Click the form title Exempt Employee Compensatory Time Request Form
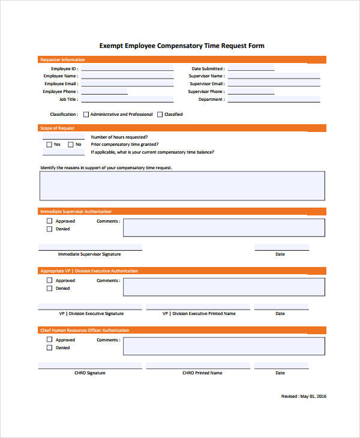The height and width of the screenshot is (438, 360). point(181,46)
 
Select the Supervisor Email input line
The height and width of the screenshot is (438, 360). point(274,85)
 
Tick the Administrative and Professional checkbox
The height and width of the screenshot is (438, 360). point(86,114)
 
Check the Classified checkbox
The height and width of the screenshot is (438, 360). point(160,114)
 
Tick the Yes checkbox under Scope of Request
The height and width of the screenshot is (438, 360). point(49,145)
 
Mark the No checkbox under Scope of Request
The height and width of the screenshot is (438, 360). point(71,145)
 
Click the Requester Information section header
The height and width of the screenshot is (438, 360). point(62,60)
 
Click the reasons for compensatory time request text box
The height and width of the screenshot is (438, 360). point(182,185)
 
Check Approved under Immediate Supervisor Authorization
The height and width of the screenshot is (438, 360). point(49,221)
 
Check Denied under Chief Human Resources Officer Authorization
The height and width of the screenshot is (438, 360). point(49,347)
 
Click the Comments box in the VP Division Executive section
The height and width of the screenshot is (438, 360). point(224,287)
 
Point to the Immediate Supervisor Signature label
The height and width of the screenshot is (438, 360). point(89,254)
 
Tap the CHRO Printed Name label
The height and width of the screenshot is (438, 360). point(202,373)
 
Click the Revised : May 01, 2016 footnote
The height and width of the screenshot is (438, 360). point(304,397)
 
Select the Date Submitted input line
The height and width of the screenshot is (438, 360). point(250,70)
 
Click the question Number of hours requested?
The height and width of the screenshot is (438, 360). point(119,137)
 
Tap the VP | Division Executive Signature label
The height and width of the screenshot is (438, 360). point(91,314)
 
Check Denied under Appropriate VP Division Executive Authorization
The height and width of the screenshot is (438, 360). point(49,288)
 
